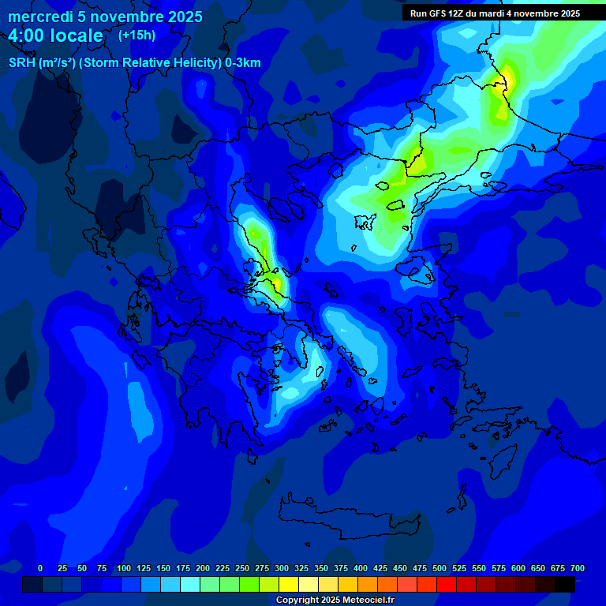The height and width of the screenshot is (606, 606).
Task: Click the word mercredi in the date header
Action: [x=39, y=17]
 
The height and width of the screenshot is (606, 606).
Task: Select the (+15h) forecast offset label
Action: [x=137, y=36]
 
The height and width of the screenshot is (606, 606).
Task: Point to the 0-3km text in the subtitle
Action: [x=242, y=63]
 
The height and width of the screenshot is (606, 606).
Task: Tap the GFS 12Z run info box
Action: [x=495, y=13]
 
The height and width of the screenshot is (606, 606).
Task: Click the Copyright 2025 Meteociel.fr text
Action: [x=335, y=600]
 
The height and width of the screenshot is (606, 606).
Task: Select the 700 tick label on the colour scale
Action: [x=577, y=568]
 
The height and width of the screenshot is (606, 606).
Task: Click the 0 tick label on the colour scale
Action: [x=40, y=568]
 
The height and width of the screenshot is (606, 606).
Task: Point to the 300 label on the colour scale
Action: [x=282, y=568]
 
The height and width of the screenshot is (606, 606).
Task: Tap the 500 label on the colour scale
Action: [x=440, y=568]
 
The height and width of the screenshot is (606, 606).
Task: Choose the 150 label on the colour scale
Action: [x=163, y=568]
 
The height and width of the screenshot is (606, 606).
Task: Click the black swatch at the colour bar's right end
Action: [x=564, y=584]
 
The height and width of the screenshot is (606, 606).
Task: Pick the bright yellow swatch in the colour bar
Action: [x=289, y=584]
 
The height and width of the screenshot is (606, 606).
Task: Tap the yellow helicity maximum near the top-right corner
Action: [x=508, y=79]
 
